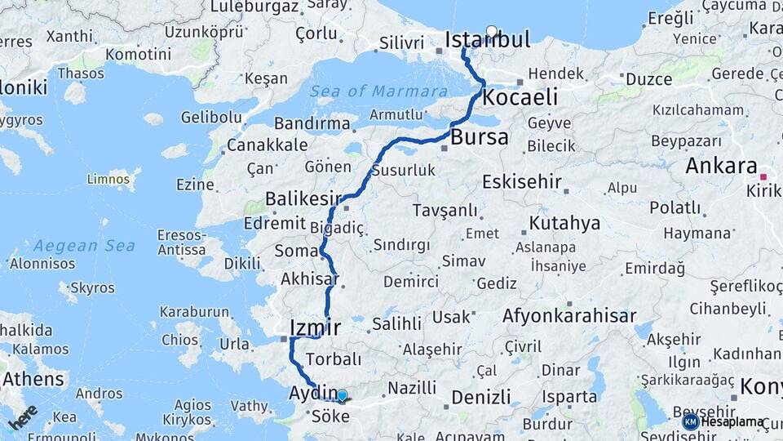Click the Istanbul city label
point(487,40)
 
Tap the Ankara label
point(721,167)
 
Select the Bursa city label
point(479,137)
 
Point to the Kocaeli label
point(520,98)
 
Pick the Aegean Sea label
point(85,245)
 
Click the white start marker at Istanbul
point(491,32)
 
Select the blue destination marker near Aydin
point(342,396)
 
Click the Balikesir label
point(303,199)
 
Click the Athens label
point(33,380)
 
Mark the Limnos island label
point(108,178)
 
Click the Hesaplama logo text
point(732,422)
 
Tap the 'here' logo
point(23,417)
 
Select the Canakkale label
point(256,145)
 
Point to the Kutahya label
point(564,223)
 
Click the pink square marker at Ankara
point(763,176)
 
